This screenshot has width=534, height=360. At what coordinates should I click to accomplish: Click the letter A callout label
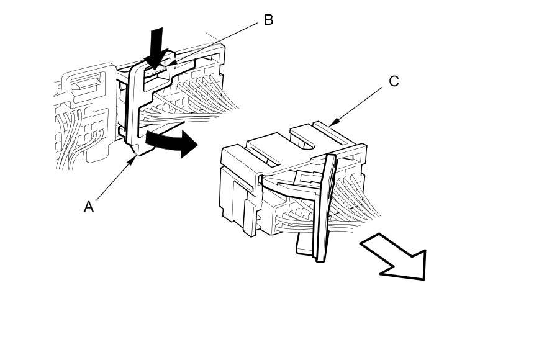[x=89, y=206]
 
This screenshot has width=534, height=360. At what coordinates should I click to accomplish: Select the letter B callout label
[x=268, y=20]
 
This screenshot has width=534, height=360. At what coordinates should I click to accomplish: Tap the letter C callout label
[x=394, y=81]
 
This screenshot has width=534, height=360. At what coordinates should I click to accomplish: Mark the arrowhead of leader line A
[x=135, y=157]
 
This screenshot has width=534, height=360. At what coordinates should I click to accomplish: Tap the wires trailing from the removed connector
[x=357, y=205]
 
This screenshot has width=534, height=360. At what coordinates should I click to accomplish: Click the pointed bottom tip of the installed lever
[x=136, y=151]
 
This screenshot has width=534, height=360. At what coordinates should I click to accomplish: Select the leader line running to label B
[x=217, y=42]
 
